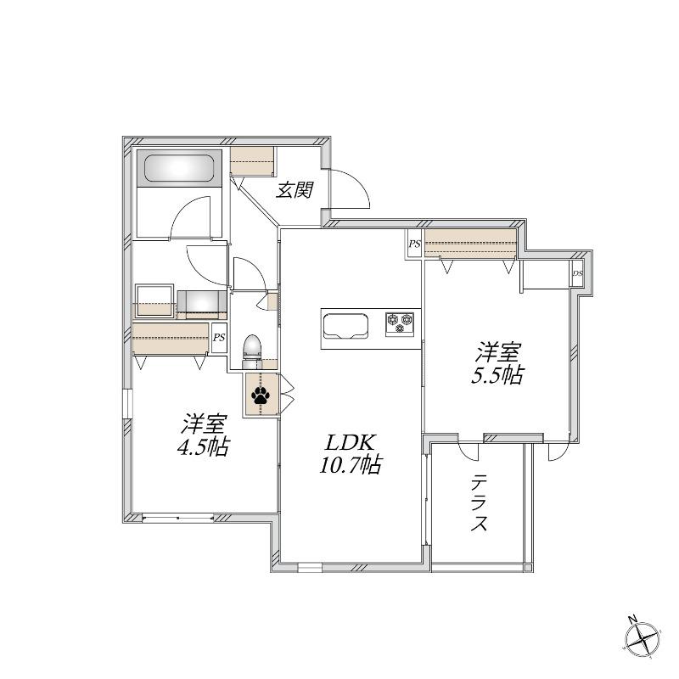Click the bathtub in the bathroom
point(179,168)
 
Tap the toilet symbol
point(252,347)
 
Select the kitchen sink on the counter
point(346,325)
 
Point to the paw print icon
point(261,396)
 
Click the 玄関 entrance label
point(295,189)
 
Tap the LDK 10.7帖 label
point(351,454)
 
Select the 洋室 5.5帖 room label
point(497,363)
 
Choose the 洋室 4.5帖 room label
point(204,435)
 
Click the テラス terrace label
point(479,502)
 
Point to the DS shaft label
point(578,273)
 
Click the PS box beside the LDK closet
point(414,244)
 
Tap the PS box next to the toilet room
point(219,337)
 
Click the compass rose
point(643,640)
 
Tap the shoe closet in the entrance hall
point(252,161)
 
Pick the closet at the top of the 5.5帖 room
point(471,244)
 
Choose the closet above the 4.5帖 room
point(171,338)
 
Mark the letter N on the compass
point(632,620)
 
